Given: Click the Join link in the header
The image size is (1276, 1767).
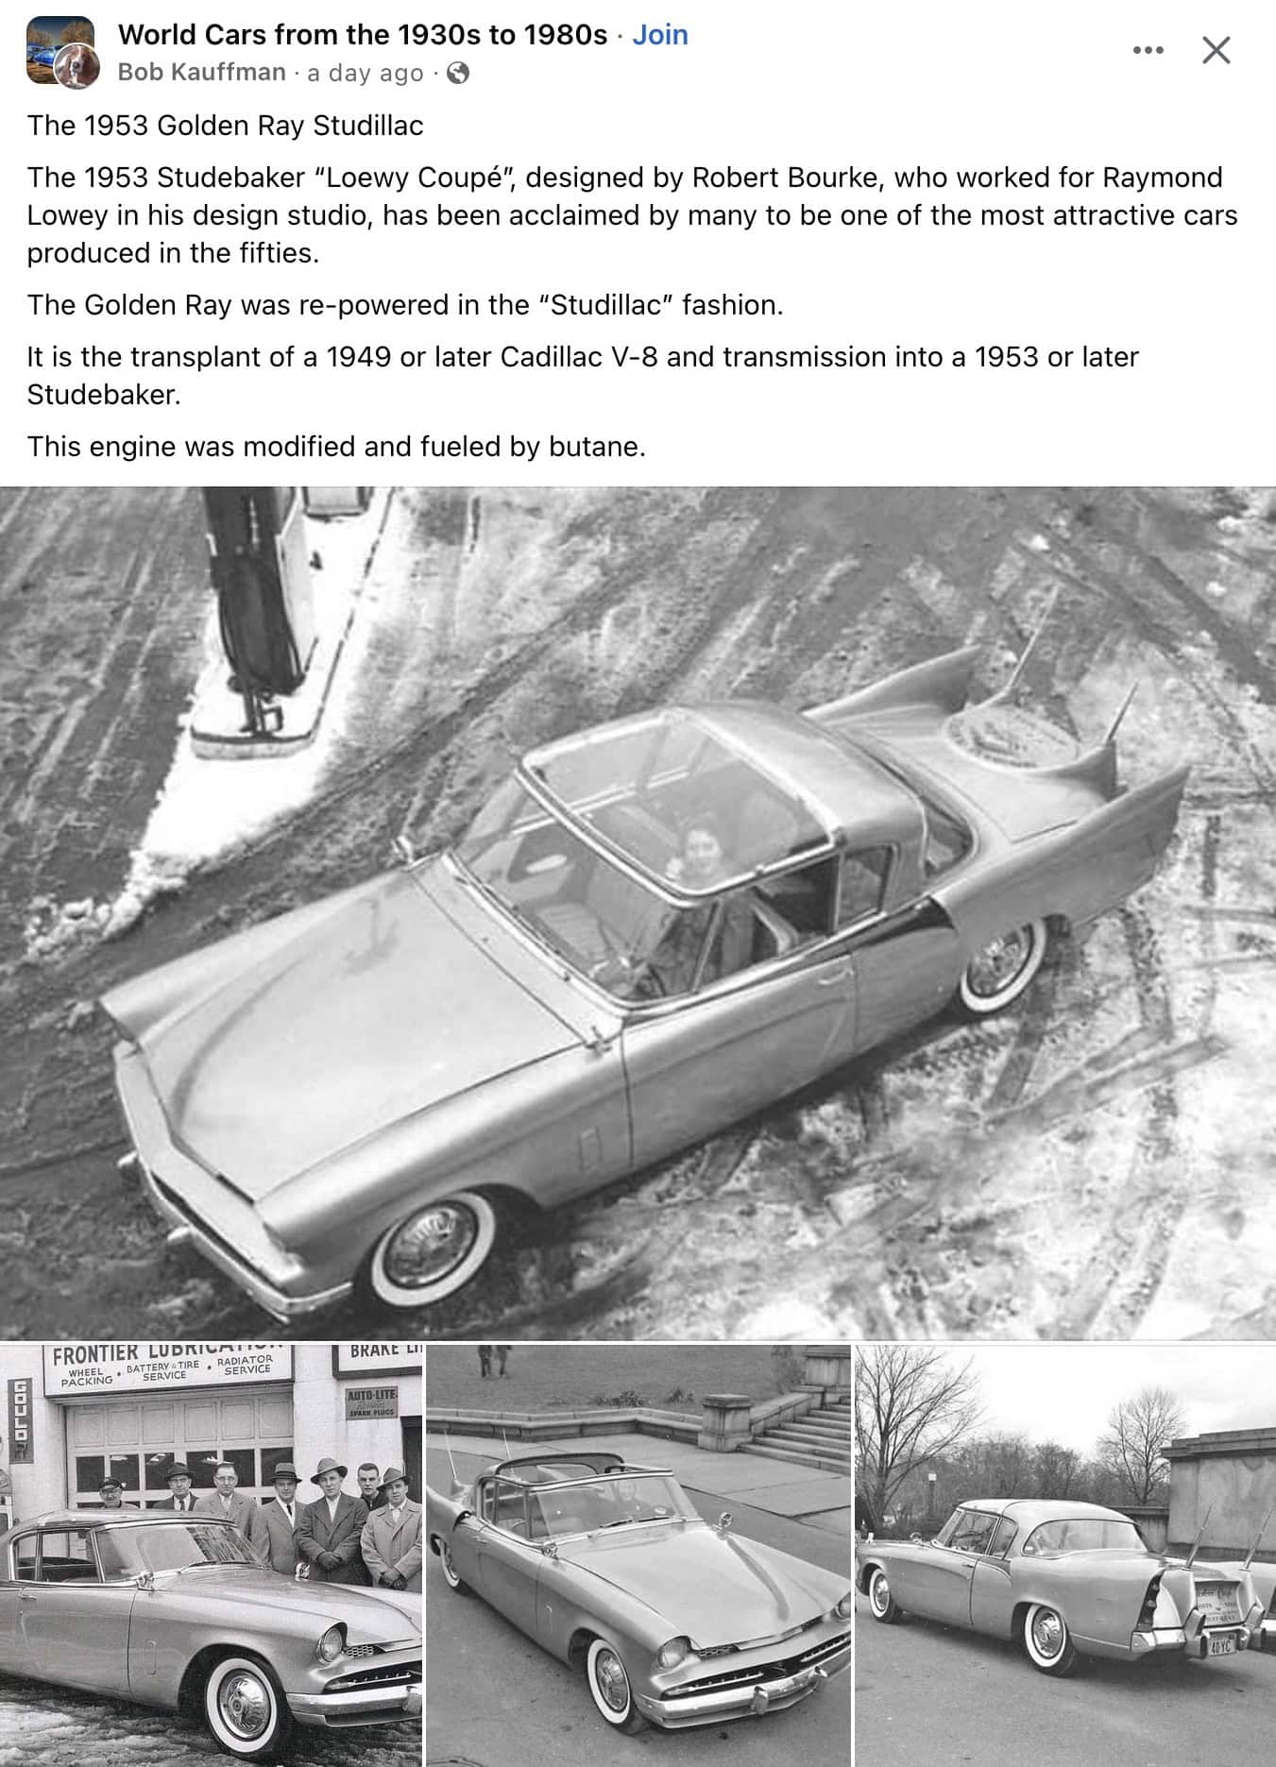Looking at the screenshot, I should click(x=659, y=35).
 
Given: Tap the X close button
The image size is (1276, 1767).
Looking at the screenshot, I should click(x=1216, y=50).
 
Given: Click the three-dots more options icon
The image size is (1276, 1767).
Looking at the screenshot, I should click(x=1148, y=50).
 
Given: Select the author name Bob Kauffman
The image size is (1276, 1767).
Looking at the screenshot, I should click(x=201, y=73).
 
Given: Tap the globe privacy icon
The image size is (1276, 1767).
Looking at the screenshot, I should click(x=457, y=73).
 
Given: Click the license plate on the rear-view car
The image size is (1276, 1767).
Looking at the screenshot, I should click(x=1220, y=1648).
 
